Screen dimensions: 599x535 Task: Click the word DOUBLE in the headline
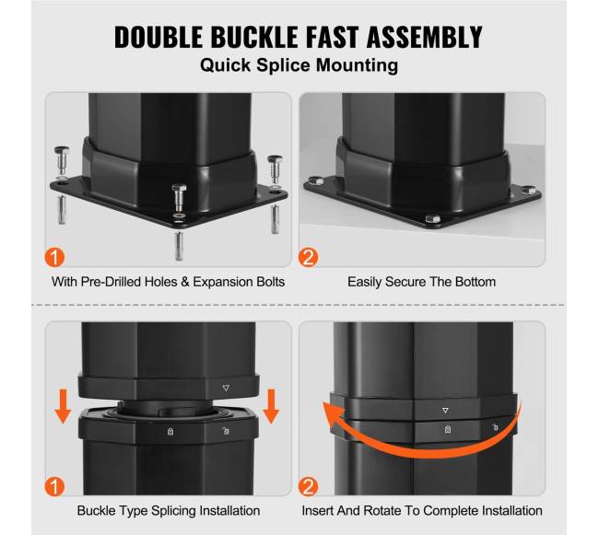coord(159,37)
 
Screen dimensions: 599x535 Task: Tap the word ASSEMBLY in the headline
coord(425,37)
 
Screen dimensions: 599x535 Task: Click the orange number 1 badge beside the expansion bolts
coord(54,257)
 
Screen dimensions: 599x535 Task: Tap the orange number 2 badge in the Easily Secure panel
coord(308,257)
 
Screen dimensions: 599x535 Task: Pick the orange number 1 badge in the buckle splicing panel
coord(54,486)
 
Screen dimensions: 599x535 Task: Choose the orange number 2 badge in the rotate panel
coord(308,486)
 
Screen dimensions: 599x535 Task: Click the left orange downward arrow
coord(63,406)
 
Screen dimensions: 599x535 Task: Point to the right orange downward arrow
coord(271,406)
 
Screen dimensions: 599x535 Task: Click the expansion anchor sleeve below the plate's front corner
coord(179,246)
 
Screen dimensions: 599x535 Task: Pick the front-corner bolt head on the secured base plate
coord(432,218)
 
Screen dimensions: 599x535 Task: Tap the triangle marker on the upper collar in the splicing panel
coord(226,388)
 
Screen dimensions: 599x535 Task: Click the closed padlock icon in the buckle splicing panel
coord(170,431)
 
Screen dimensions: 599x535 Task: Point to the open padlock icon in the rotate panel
coord(495,427)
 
